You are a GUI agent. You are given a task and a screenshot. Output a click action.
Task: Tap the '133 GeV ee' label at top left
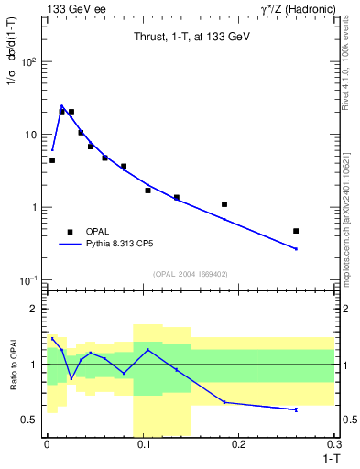click(75, 9)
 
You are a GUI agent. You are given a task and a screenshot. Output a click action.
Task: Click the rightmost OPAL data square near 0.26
click(296, 231)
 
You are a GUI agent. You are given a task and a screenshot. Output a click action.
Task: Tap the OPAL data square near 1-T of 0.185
click(224, 204)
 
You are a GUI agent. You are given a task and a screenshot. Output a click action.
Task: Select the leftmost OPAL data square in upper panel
click(52, 160)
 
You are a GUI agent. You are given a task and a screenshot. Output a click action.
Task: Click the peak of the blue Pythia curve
click(61, 106)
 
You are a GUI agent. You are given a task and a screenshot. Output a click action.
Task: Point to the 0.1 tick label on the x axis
click(143, 444)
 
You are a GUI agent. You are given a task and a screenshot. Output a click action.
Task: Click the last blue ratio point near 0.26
click(296, 409)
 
